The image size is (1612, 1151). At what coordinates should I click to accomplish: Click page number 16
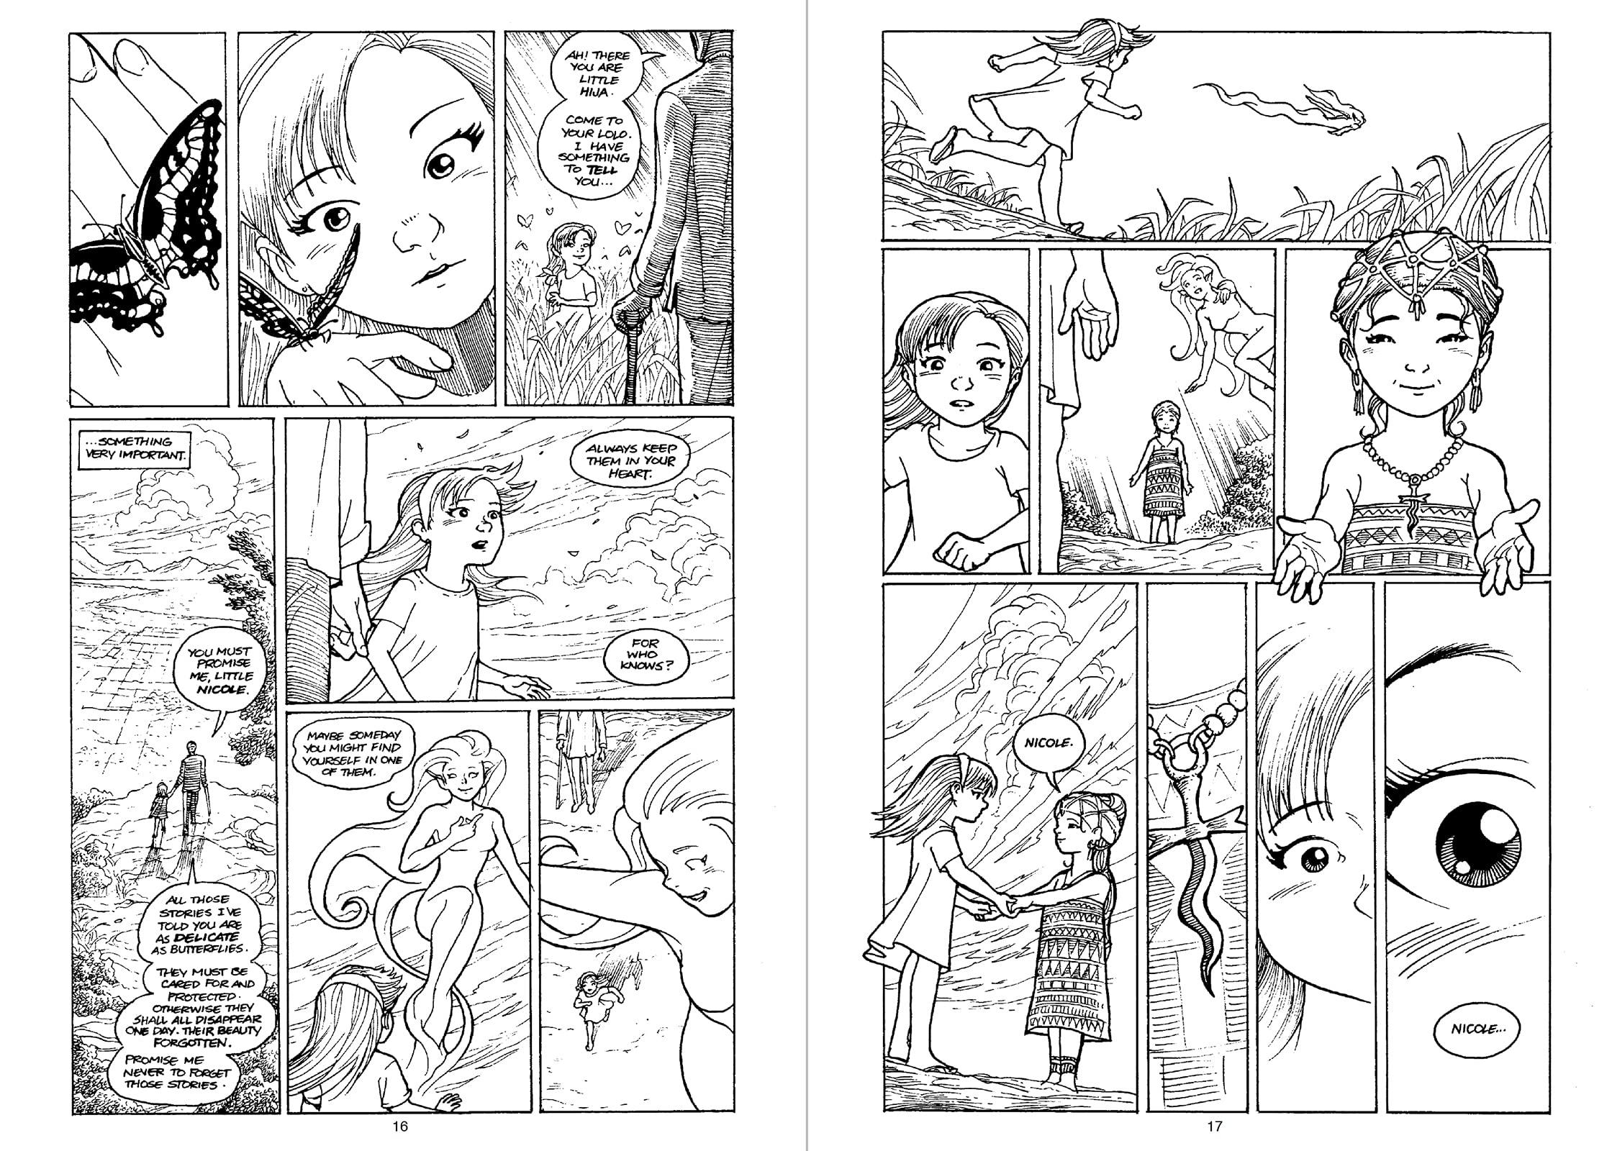click(x=399, y=1127)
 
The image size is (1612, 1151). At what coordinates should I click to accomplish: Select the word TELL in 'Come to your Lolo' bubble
click(x=601, y=170)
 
